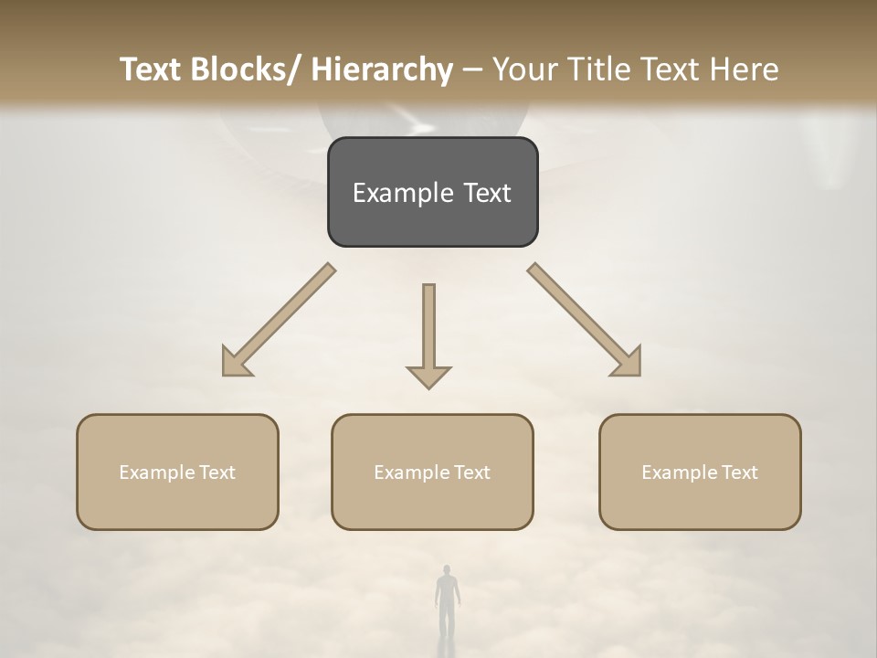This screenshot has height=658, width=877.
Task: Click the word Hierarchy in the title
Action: [x=382, y=69]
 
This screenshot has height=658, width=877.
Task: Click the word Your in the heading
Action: [x=523, y=69]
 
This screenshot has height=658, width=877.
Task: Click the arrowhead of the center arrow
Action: [x=428, y=377]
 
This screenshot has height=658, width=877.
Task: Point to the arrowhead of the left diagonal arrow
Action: [x=236, y=363]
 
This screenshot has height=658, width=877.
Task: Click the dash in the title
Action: [x=472, y=69]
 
